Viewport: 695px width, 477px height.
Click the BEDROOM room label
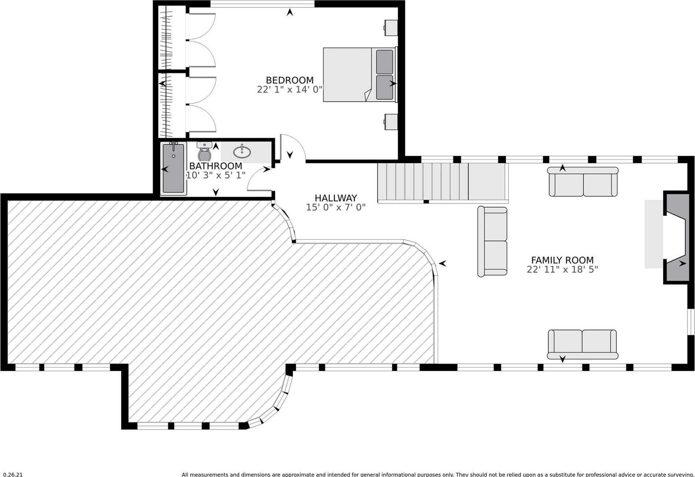[290, 80]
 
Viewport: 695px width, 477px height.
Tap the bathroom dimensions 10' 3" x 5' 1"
[215, 175]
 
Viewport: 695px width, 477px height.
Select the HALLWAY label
[335, 198]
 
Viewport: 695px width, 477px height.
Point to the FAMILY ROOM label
[562, 260]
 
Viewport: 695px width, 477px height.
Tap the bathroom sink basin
[242, 152]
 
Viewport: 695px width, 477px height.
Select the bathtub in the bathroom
[173, 168]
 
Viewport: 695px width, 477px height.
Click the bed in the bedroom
[355, 75]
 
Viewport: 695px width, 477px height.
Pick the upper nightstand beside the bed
[391, 28]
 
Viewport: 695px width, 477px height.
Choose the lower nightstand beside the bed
[391, 122]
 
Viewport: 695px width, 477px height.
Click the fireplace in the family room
[676, 237]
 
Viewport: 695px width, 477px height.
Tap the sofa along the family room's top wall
[583, 182]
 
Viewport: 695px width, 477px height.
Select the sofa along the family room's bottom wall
[582, 344]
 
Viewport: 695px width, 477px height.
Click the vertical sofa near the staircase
[492, 241]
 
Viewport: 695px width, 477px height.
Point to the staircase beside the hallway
[442, 183]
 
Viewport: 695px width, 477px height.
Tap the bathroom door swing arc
[259, 180]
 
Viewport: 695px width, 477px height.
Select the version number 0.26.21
[13, 474]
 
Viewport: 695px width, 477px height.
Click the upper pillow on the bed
[384, 62]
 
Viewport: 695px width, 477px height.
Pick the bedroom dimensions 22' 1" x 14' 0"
[290, 89]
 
